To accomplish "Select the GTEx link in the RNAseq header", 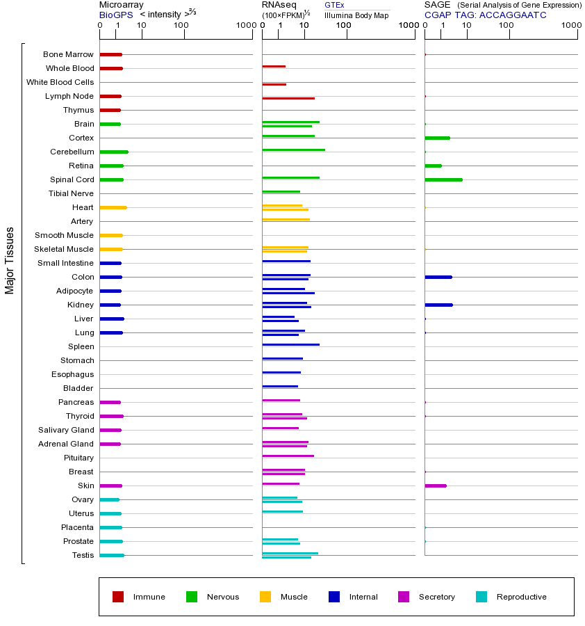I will [334, 6].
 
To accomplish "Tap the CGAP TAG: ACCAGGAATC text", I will [485, 15].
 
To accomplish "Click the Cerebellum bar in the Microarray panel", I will [114, 152].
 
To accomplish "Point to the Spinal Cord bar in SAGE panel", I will [443, 179].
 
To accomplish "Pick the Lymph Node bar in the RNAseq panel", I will [288, 98].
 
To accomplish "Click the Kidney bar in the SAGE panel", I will [438, 305].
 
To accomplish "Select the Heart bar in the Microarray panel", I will [113, 207].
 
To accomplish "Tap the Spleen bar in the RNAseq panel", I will [290, 344].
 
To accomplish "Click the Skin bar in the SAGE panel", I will [436, 485].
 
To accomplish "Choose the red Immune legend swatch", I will [118, 597].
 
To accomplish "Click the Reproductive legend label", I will [521, 597].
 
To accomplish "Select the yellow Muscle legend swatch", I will [265, 597].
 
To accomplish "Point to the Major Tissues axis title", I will [10, 260].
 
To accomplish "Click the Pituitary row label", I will [79, 458].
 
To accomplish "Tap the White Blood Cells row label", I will [60, 82].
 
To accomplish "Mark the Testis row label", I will [83, 555].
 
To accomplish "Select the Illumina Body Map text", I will [356, 15].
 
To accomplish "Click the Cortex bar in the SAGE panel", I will [437, 138].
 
